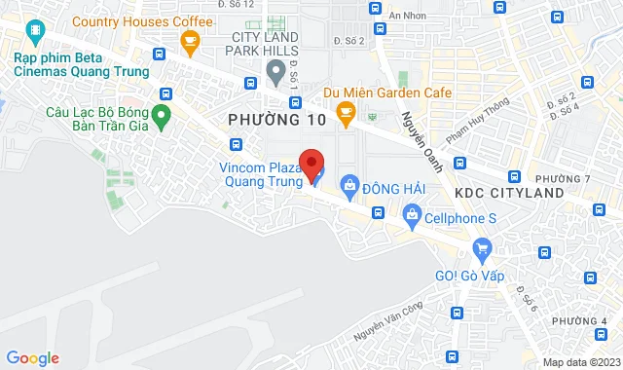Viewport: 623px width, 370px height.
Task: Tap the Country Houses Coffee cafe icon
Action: (190, 40)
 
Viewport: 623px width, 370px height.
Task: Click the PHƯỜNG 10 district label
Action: (273, 119)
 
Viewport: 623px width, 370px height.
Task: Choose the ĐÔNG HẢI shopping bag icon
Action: (349, 185)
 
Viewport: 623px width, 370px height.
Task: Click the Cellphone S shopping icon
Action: (412, 214)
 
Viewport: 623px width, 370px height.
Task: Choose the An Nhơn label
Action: (408, 16)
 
